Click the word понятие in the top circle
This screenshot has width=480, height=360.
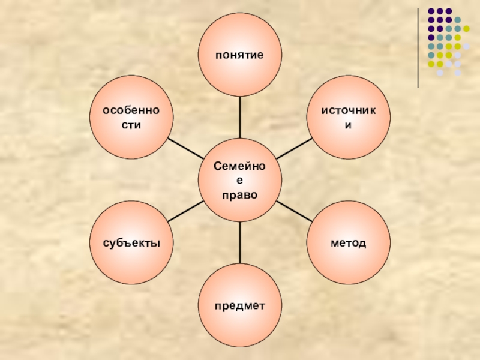tap(240, 55)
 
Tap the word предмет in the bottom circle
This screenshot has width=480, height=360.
tap(240, 306)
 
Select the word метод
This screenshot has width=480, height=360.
tap(348, 243)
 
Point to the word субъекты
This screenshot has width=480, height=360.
tap(131, 243)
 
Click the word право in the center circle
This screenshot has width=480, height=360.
tap(240, 194)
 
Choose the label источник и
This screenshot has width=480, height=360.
tap(348, 118)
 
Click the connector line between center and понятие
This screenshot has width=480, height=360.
tap(240, 117)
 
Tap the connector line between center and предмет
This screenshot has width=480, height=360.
tap(240, 242)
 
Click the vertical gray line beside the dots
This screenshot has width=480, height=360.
tap(418, 48)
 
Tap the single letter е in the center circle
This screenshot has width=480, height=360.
tap(240, 181)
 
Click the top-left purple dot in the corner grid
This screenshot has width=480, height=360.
tap(431, 11)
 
